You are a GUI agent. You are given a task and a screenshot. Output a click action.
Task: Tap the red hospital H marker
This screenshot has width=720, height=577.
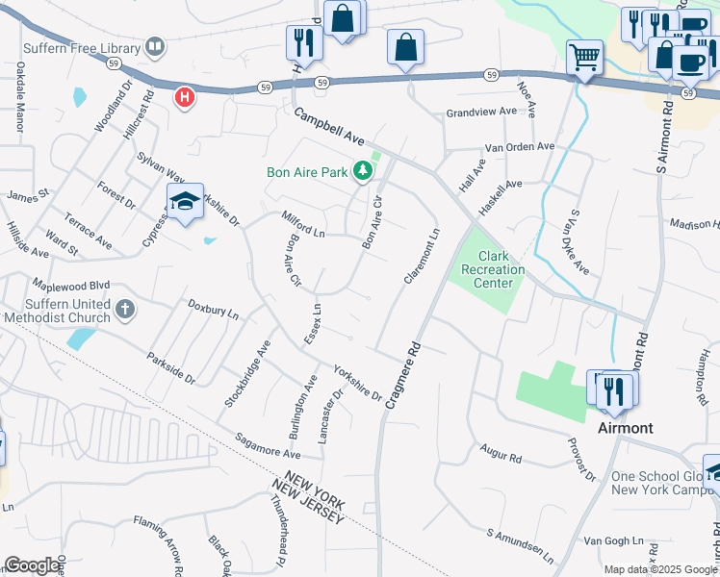coord(184,97)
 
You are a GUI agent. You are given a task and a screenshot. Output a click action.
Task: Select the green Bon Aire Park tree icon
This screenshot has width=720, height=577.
coord(362,172)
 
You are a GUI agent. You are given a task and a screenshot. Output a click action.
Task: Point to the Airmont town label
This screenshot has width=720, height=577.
coord(625,427)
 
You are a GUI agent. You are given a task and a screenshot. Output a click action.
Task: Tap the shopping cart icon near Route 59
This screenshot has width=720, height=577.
coord(584,57)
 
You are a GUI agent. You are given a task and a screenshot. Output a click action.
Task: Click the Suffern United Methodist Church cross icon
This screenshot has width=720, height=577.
coord(124,310)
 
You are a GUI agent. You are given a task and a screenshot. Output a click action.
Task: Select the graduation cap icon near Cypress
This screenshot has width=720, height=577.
coord(184,201)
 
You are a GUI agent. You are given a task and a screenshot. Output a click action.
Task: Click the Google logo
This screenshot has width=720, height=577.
coord(32,565)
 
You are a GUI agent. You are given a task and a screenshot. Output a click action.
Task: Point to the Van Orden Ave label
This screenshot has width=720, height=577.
coord(520,147)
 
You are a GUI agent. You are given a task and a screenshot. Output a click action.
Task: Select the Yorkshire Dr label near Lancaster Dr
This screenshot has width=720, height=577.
coord(357,382)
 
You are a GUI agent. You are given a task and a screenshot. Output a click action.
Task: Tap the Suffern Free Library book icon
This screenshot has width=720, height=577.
coord(154,46)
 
